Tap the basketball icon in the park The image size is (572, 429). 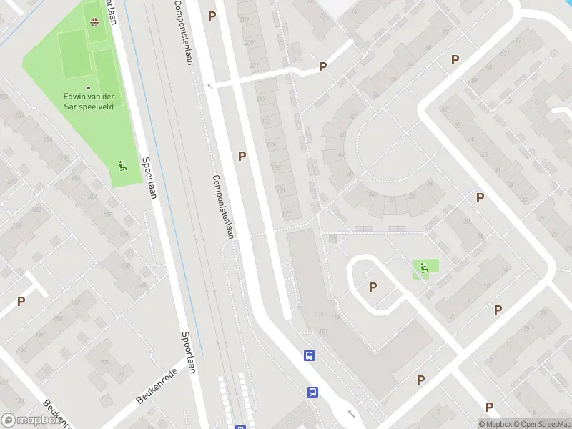point(94,21)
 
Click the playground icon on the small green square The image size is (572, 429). point(425,269)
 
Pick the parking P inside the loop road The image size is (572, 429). point(373,287)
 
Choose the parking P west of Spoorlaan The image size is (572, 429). point(21,301)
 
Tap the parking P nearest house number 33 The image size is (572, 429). point(480,197)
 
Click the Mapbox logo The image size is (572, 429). point(30,420)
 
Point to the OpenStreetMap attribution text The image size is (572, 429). point(541,424)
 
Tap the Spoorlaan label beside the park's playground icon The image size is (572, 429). point(147,178)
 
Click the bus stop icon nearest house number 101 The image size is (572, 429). point(309,355)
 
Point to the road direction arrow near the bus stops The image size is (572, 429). point(350,413)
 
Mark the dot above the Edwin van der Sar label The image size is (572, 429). point(89,88)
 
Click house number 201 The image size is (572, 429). point(254,66)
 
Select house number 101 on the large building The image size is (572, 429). point(323,331)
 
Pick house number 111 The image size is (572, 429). point(315,315)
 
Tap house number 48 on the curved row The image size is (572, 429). point(350,174)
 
